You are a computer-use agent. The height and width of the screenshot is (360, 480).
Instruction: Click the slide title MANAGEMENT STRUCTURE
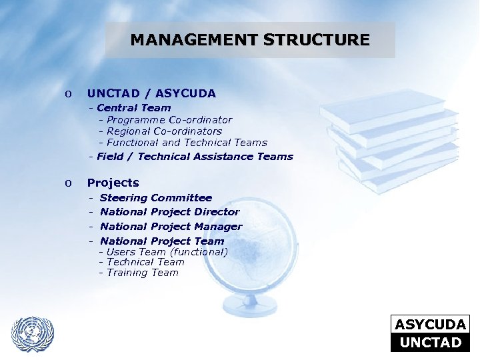pyautogui.click(x=250, y=40)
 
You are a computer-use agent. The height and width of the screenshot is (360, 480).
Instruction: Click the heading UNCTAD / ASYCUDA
pyautogui.click(x=151, y=94)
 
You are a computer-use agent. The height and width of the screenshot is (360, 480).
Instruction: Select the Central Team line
pyautogui.click(x=133, y=108)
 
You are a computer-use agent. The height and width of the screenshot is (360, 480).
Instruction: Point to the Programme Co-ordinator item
pyautogui.click(x=169, y=120)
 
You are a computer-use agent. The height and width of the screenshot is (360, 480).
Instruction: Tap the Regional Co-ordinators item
pyautogui.click(x=164, y=131)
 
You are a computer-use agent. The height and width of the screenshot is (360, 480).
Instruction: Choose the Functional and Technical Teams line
pyautogui.click(x=187, y=143)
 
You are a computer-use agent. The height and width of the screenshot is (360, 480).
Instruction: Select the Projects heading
pyautogui.click(x=113, y=183)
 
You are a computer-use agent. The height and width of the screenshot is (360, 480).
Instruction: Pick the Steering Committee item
pyautogui.click(x=155, y=198)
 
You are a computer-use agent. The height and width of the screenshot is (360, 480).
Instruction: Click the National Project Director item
pyautogui.click(x=169, y=212)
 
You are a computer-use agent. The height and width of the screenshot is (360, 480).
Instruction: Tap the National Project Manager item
pyautogui.click(x=171, y=227)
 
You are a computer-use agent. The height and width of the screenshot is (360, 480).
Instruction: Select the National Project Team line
pyautogui.click(x=162, y=241)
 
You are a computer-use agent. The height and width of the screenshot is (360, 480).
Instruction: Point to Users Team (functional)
pyautogui.click(x=167, y=252)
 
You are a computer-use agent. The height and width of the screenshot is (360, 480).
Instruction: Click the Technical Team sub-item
pyautogui.click(x=145, y=262)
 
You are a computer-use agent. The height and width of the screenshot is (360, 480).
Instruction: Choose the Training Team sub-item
pyautogui.click(x=143, y=273)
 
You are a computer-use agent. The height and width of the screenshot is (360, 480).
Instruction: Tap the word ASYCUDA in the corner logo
pyautogui.click(x=430, y=325)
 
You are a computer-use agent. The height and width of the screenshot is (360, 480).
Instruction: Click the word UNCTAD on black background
pyautogui.click(x=430, y=343)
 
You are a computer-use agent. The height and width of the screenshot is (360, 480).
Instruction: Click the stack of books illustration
pyautogui.click(x=390, y=140)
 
